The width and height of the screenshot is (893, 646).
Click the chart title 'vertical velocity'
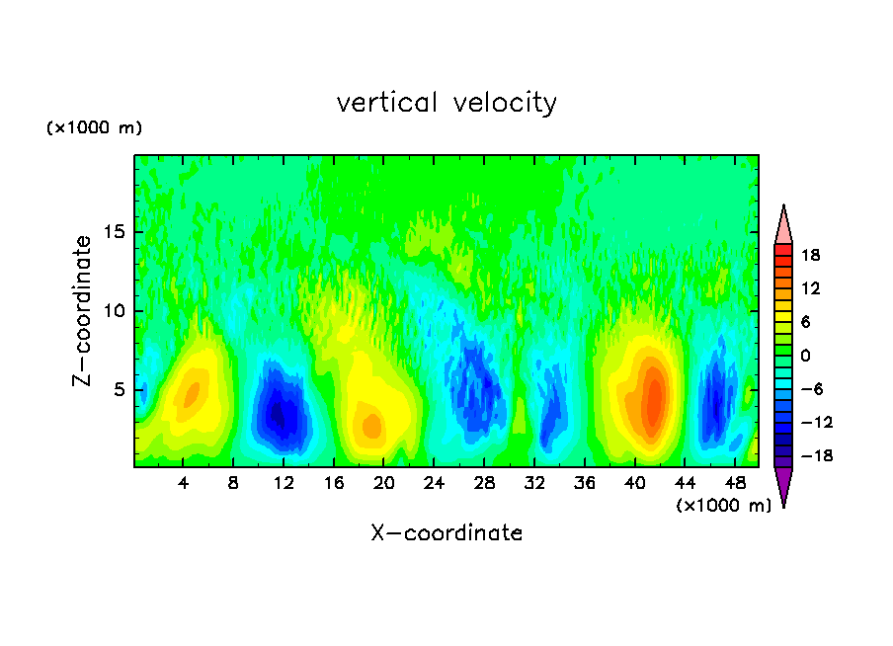[446, 103]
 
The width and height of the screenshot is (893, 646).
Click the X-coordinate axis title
[446, 533]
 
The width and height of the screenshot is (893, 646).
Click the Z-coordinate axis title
[84, 310]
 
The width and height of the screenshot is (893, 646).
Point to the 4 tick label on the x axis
[184, 483]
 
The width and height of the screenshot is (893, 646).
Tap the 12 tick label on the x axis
[284, 483]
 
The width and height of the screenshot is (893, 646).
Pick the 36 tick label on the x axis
[584, 483]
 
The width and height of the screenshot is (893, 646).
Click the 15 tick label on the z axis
[114, 233]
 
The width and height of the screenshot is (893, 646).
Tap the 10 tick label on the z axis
[114, 311]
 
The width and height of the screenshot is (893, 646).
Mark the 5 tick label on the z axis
[119, 390]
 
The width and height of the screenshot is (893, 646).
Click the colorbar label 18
[810, 255]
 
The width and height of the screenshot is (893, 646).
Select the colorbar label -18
[807, 456]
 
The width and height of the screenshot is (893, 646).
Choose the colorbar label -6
[810, 389]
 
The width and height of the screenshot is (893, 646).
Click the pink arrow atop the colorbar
[783, 225]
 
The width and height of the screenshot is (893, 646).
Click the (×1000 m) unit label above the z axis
[94, 128]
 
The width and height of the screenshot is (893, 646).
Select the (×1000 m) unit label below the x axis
[723, 506]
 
